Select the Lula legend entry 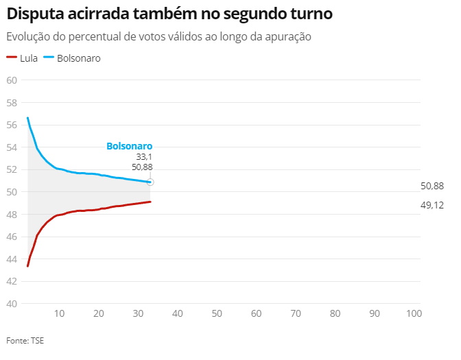[x=22, y=58]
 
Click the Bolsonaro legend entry [x=71, y=58]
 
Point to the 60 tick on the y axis [x=12, y=80]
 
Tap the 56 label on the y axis [x=12, y=125]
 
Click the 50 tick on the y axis [x=12, y=192]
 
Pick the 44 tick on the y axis [x=12, y=259]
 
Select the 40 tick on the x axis [x=177, y=313]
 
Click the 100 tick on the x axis [x=414, y=313]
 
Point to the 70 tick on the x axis [x=296, y=313]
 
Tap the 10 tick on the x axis [x=59, y=313]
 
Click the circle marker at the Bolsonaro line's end [x=150, y=182]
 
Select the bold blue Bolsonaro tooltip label [x=129, y=146]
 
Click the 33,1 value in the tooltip [x=143, y=157]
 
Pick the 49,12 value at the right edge [x=432, y=205]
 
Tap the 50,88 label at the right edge [x=432, y=186]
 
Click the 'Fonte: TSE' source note [x=25, y=340]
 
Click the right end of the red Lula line [x=150, y=202]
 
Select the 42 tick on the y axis [x=12, y=281]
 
